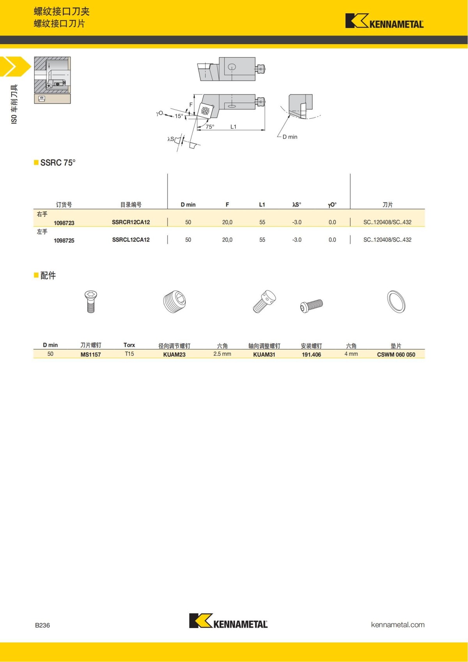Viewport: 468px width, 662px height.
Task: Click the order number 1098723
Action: pos(64,223)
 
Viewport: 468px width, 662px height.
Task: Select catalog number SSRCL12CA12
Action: pos(131,240)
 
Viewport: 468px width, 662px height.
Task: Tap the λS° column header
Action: pos(296,204)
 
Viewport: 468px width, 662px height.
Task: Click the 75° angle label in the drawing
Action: pos(210,126)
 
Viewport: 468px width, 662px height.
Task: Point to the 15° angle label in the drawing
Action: pos(179,116)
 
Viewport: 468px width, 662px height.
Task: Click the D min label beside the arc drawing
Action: pos(290,137)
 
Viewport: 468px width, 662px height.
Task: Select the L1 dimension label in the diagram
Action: pos(233,126)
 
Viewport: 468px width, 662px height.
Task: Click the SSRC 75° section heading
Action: pos(58,163)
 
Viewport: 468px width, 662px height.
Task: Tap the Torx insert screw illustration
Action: pos(90,302)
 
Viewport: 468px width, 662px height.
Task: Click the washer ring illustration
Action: pos(396,302)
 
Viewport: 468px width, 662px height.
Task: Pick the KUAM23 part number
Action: pos(174,354)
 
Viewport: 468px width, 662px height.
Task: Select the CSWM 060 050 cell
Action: pos(396,354)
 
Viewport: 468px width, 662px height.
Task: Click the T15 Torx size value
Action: pos(129,354)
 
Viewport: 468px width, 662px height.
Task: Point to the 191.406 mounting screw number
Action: pos(311,354)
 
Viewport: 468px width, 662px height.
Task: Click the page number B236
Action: pos(43,625)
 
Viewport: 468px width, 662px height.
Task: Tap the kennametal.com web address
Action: pos(397,625)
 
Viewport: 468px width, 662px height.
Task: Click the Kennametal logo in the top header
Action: pos(384,21)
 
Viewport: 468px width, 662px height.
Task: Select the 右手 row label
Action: pos(42,214)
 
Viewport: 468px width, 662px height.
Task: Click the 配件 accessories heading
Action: pos(48,275)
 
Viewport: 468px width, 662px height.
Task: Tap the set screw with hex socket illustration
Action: pos(174,302)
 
